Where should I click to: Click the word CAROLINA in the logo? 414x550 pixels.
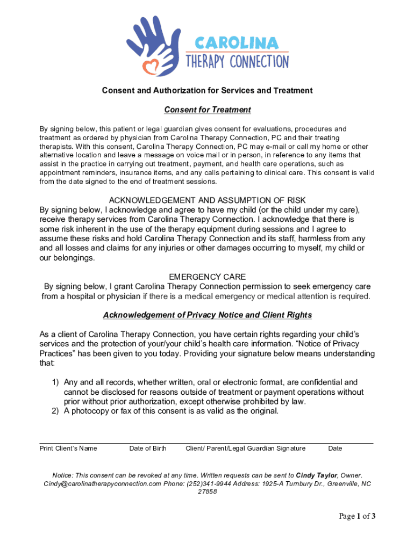click(x=237, y=42)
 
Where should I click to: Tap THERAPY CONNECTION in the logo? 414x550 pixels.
click(x=237, y=61)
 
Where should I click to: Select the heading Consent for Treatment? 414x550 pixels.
click(x=207, y=110)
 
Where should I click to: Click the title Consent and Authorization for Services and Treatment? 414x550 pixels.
click(x=207, y=90)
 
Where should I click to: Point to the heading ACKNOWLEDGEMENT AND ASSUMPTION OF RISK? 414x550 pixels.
click(x=207, y=200)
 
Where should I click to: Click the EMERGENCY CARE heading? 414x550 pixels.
click(x=207, y=277)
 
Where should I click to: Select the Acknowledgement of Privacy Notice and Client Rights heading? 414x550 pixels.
click(x=207, y=315)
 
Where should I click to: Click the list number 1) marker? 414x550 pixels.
click(x=55, y=382)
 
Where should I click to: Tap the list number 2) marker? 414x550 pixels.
click(x=55, y=411)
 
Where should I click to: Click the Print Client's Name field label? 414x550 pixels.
click(x=68, y=448)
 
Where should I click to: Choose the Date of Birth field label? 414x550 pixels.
click(x=148, y=448)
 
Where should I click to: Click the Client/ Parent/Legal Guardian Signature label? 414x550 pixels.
click(x=245, y=448)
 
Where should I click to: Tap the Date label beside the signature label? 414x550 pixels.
click(x=335, y=448)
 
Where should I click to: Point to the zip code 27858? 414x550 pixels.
click(x=207, y=491)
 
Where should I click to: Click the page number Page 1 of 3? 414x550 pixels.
click(x=357, y=517)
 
